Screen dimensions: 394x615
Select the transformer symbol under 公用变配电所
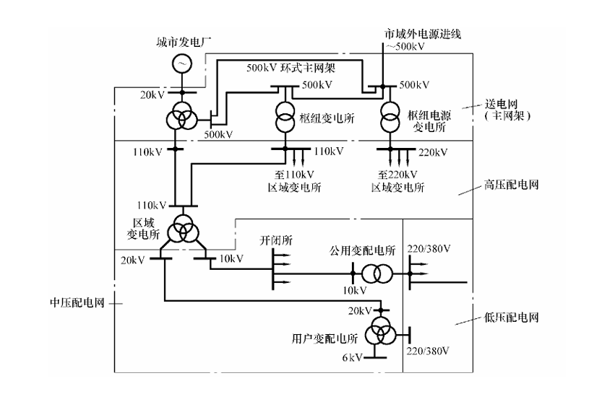coord(376,274)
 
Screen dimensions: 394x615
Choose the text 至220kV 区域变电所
coord(397,180)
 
